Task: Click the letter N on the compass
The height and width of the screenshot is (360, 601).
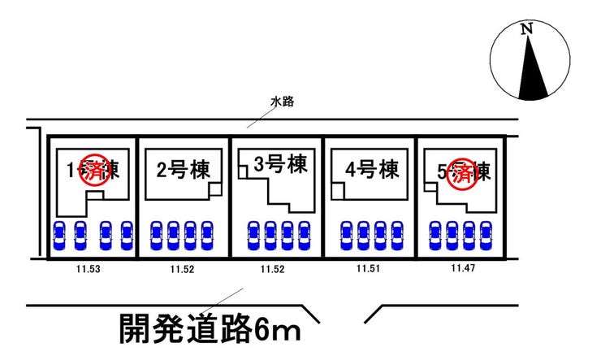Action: coord(527,30)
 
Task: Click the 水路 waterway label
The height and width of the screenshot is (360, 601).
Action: coord(282,102)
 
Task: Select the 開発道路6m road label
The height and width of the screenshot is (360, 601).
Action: coord(210,328)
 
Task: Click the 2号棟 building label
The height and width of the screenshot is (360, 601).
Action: coord(183,171)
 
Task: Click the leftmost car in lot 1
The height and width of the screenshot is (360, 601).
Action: coord(58,235)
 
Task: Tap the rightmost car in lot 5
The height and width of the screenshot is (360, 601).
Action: coord(484,235)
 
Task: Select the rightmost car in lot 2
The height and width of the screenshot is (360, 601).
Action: coord(206,235)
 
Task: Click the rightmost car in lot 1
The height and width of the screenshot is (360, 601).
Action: coord(126,235)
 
